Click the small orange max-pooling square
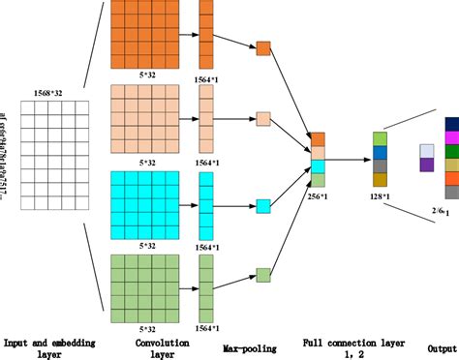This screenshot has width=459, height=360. coord(262,46)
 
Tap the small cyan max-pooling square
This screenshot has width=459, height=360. coord(262,205)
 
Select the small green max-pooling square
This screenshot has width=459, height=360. coord(262,274)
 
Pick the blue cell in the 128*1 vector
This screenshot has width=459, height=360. coord(380,152)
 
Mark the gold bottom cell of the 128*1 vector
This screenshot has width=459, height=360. coord(380,179)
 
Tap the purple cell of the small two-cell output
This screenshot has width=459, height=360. coord(426,165)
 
